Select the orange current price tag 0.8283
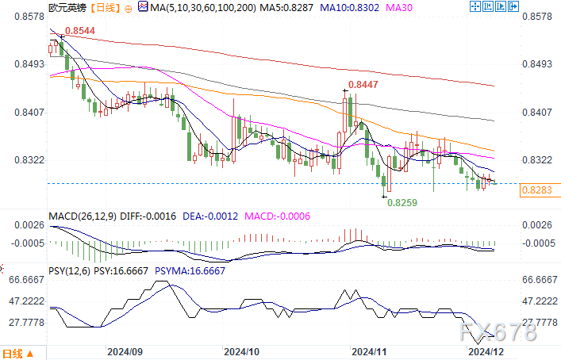(x=540, y=190)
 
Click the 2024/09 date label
(x=125, y=351)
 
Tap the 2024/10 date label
(x=241, y=351)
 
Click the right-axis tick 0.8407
(x=537, y=112)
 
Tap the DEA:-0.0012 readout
(x=216, y=215)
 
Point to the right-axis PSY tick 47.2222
(x=540, y=301)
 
